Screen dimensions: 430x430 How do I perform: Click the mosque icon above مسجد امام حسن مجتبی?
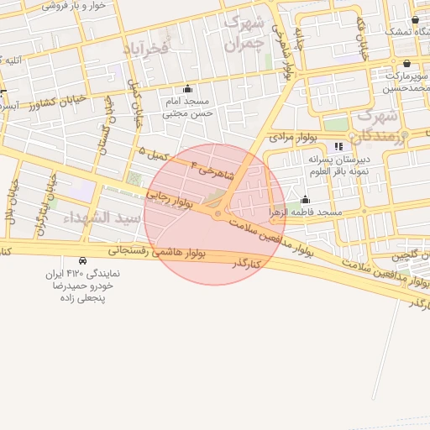[186, 89]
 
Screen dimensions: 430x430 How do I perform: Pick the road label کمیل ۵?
[155, 155]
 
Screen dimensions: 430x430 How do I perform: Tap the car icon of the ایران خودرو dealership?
[81, 261]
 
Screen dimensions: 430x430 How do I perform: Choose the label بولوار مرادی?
[293, 136]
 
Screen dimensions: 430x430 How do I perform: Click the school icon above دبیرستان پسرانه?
[338, 146]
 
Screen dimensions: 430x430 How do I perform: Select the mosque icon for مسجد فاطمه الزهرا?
[304, 200]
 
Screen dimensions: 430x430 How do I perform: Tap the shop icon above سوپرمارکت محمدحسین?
[407, 63]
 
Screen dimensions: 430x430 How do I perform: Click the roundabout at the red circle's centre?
[218, 216]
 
